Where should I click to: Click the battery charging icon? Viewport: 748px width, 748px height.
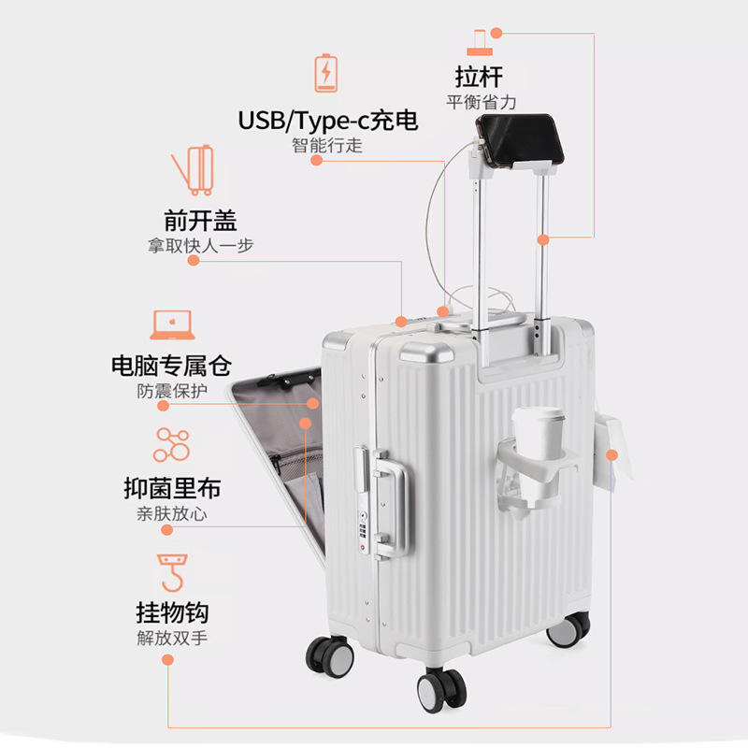[326, 72]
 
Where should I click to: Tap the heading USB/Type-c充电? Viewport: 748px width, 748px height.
[327, 121]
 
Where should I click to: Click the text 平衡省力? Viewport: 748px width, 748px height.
[481, 102]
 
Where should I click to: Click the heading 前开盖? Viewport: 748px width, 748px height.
[200, 221]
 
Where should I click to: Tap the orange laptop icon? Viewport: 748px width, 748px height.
[171, 324]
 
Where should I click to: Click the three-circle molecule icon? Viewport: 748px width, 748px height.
[171, 444]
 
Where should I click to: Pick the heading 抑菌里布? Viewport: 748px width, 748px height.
[172, 489]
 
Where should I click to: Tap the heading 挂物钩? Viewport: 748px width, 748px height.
[172, 613]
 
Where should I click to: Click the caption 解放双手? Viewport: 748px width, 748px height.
[172, 640]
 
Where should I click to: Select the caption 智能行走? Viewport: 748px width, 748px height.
[326, 146]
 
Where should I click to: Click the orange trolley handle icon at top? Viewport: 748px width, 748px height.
[480, 41]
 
